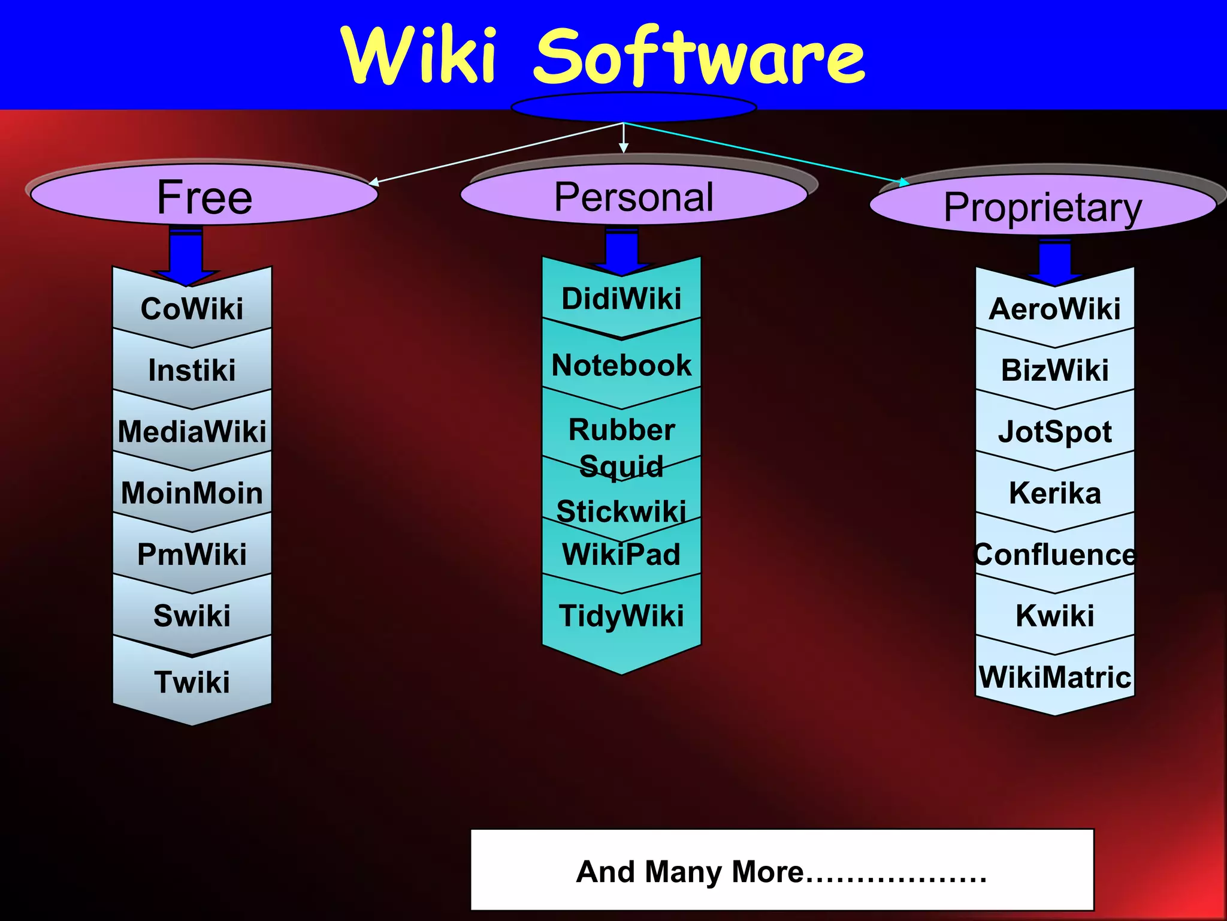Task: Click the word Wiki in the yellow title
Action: coord(419,55)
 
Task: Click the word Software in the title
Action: coord(699,56)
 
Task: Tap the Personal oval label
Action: coord(634,196)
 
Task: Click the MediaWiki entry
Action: coord(192,432)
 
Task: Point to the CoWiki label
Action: coord(192,309)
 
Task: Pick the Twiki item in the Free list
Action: coord(192,682)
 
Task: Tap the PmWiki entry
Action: coord(192,554)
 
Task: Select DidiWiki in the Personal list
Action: coord(621,299)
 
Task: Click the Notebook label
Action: coord(621,365)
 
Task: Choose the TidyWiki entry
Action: coord(621,616)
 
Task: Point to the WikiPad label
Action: coord(621,554)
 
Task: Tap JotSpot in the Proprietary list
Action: coord(1054,432)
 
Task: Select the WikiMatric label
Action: coord(1054,678)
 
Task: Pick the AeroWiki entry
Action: coord(1054,309)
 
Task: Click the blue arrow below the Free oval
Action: coord(186,255)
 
